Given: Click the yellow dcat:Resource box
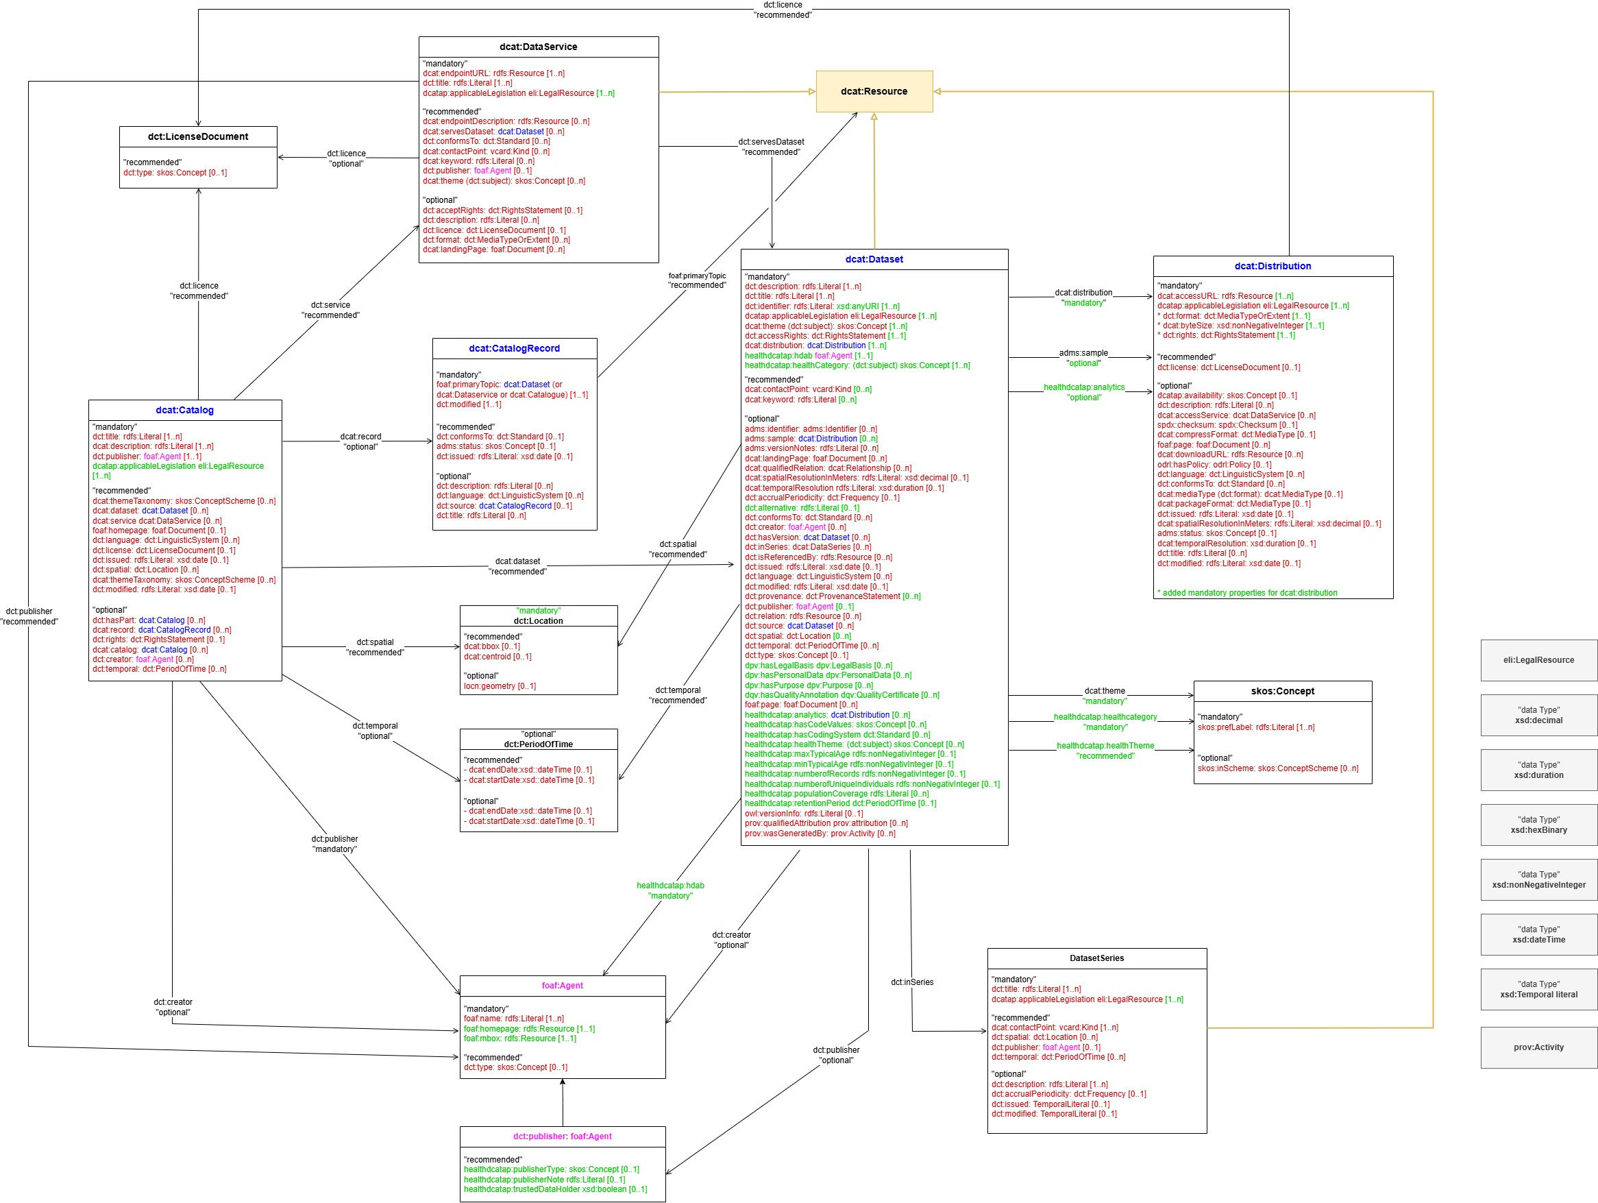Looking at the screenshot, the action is click(874, 91).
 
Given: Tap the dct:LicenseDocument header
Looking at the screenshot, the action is click(198, 136).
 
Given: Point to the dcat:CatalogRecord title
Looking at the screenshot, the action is click(515, 348).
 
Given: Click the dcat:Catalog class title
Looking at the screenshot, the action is click(185, 411).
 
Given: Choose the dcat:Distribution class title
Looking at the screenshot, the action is click(1273, 266).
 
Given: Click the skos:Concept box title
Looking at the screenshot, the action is click(1282, 691).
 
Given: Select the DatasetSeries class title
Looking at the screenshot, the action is click(1096, 958).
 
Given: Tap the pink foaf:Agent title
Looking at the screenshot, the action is click(562, 986).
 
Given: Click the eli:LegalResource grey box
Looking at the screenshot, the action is click(1539, 659).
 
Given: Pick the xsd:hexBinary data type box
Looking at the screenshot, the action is click(1539, 825).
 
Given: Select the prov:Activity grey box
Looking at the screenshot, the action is click(1539, 1047).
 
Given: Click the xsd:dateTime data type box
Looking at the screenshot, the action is click(1539, 934).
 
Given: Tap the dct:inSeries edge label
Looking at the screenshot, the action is click(911, 982).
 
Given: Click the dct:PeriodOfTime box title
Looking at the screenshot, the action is click(538, 744).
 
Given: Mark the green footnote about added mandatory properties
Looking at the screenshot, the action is click(1247, 592).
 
